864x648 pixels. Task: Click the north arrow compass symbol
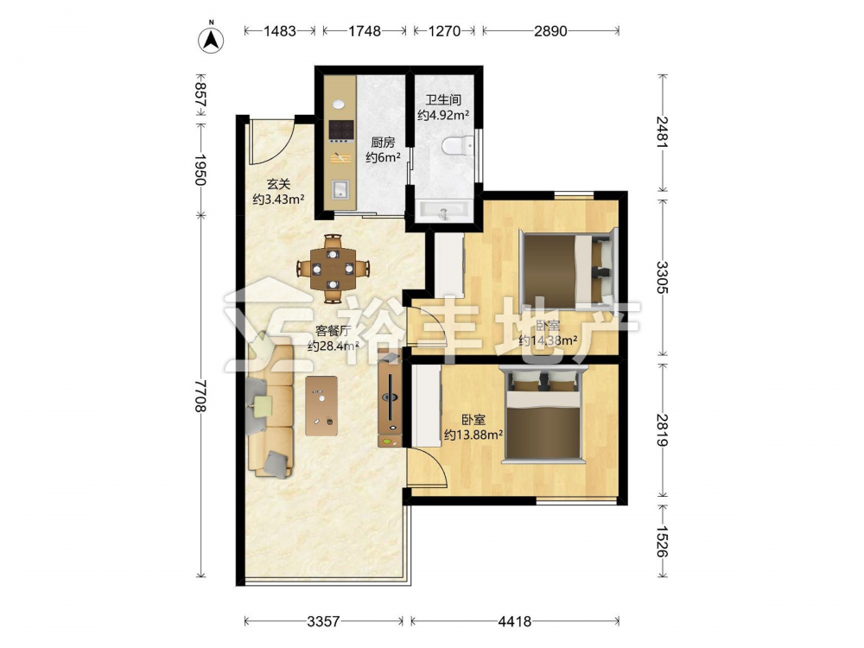pyautogui.click(x=211, y=39)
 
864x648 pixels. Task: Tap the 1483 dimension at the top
pyautogui.click(x=280, y=31)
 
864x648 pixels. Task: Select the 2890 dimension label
pyautogui.click(x=550, y=31)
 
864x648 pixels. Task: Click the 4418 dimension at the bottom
pyautogui.click(x=515, y=621)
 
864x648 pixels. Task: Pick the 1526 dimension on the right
pyautogui.click(x=663, y=541)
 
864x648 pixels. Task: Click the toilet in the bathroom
pyautogui.click(x=457, y=145)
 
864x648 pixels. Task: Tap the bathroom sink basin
pyautogui.click(x=444, y=210)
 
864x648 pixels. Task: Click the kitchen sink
pyautogui.click(x=340, y=189)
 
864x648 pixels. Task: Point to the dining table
pyautogui.click(x=333, y=269)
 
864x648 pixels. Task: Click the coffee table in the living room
pyautogui.click(x=321, y=405)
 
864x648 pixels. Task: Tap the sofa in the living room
pyautogui.click(x=270, y=410)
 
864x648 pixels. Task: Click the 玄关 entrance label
pyautogui.click(x=278, y=184)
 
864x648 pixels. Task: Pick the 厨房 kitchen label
pyautogui.click(x=383, y=143)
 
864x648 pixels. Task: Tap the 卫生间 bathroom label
pyautogui.click(x=443, y=100)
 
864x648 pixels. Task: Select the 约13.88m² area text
pyautogui.click(x=473, y=435)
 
